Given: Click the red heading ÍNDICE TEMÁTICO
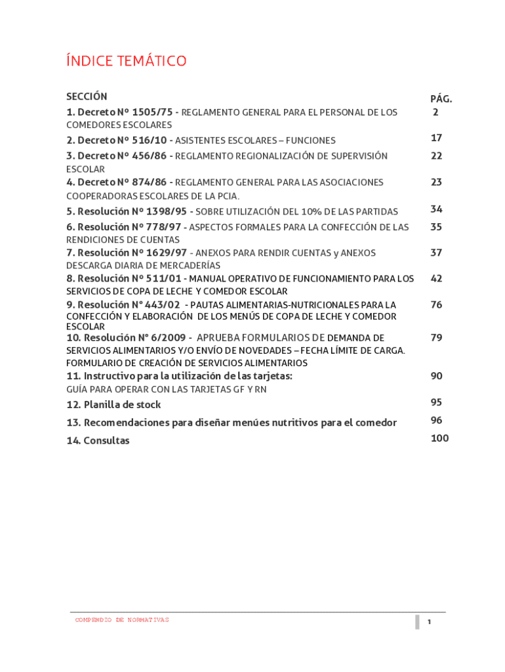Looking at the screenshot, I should [126, 61].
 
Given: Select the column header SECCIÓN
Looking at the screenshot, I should [87, 96].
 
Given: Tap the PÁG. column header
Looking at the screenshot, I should [441, 99].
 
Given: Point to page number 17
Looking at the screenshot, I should [436, 138].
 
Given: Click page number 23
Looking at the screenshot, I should [436, 182].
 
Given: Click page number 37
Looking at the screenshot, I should [436, 253].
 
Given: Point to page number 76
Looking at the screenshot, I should [436, 304].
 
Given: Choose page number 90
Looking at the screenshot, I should [436, 376].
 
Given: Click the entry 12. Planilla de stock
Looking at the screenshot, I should [113, 405].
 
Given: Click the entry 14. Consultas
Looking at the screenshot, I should [98, 441].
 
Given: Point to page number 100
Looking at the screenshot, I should [439, 438].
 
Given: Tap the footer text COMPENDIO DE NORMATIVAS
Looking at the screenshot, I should [122, 619].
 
